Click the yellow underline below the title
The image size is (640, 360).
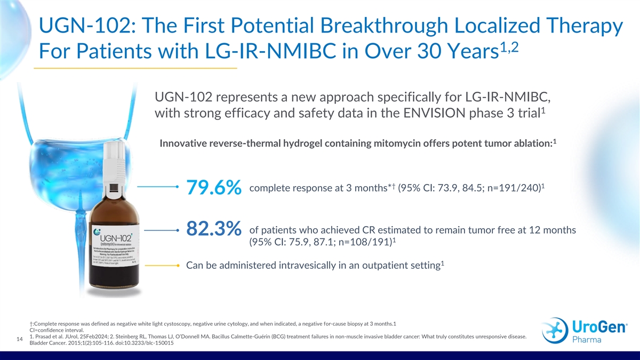[135, 69]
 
